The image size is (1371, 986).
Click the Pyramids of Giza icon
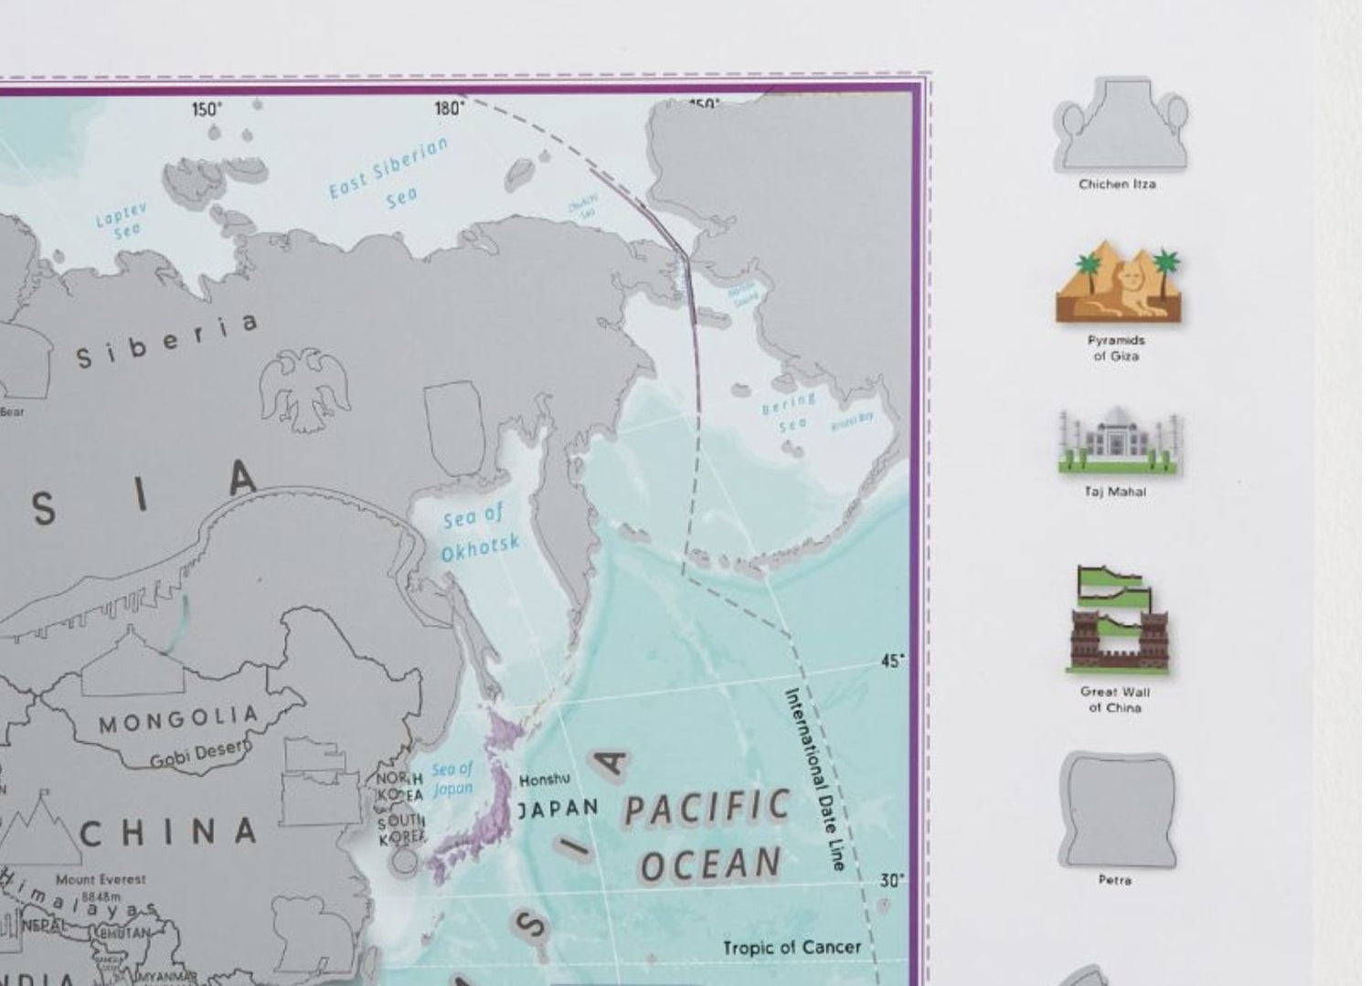[1117, 282]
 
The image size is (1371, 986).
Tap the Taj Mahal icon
[1119, 443]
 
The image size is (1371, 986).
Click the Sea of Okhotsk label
[478, 534]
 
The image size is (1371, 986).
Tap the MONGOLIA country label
[178, 719]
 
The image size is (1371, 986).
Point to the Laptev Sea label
[121, 222]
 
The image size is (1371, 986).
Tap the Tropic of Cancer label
[792, 948]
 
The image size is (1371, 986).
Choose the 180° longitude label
[449, 109]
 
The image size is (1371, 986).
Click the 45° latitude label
[893, 661]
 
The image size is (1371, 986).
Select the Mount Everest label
[101, 879]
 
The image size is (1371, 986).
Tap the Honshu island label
[545, 779]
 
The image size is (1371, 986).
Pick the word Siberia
[166, 342]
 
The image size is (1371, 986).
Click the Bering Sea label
[788, 411]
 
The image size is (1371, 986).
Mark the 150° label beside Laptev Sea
[207, 110]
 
